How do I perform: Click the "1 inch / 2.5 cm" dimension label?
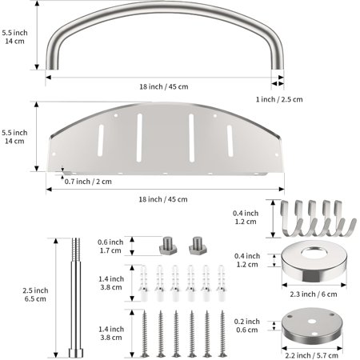279,99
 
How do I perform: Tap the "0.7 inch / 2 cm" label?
88,182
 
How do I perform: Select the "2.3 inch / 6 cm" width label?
314,294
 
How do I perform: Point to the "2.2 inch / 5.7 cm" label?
311,355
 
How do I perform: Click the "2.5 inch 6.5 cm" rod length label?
35,294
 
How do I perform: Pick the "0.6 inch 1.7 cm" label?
110,246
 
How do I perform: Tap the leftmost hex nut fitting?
168,246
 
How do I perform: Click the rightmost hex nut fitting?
198,246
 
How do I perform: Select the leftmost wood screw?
145,334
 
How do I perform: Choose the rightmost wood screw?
222,334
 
